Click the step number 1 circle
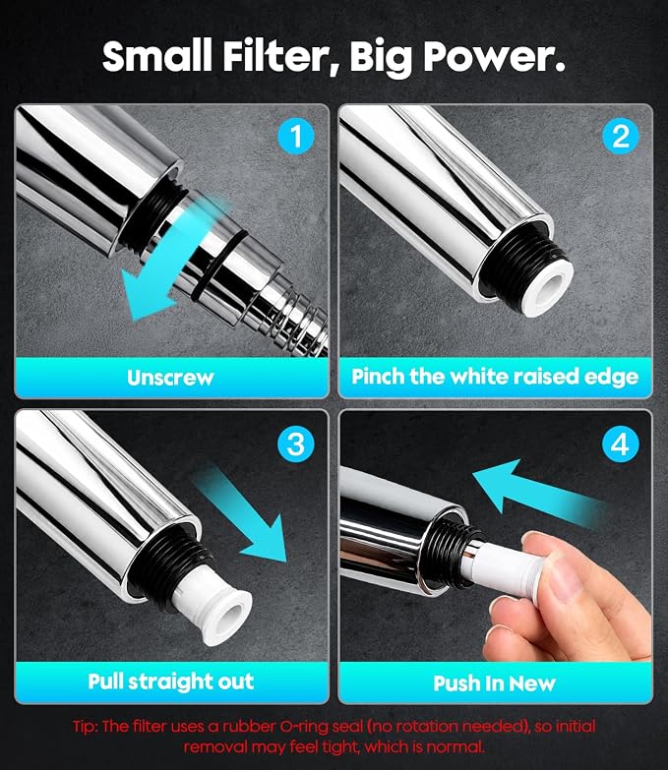[295, 136]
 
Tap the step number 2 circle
[621, 136]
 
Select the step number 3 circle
[295, 444]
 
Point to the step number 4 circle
[620, 444]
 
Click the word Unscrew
[170, 378]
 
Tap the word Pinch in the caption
[378, 377]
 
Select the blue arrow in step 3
[242, 514]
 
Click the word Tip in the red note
[85, 727]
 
